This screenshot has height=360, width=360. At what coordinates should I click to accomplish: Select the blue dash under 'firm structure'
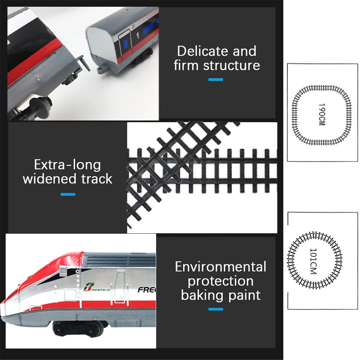coord(216,79)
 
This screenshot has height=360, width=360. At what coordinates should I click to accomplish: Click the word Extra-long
coord(67,165)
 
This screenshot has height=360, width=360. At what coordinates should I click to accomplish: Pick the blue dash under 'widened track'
coord(68,194)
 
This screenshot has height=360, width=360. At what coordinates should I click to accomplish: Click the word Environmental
coord(220,267)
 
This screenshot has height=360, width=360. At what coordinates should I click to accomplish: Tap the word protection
coord(220,281)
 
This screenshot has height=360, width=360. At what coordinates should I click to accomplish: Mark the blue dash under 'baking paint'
coord(216,309)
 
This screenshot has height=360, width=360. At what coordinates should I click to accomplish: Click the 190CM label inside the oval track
coord(321,115)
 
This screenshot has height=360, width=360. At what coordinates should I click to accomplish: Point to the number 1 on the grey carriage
coord(138,36)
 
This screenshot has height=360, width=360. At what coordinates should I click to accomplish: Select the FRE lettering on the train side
coord(147,290)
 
